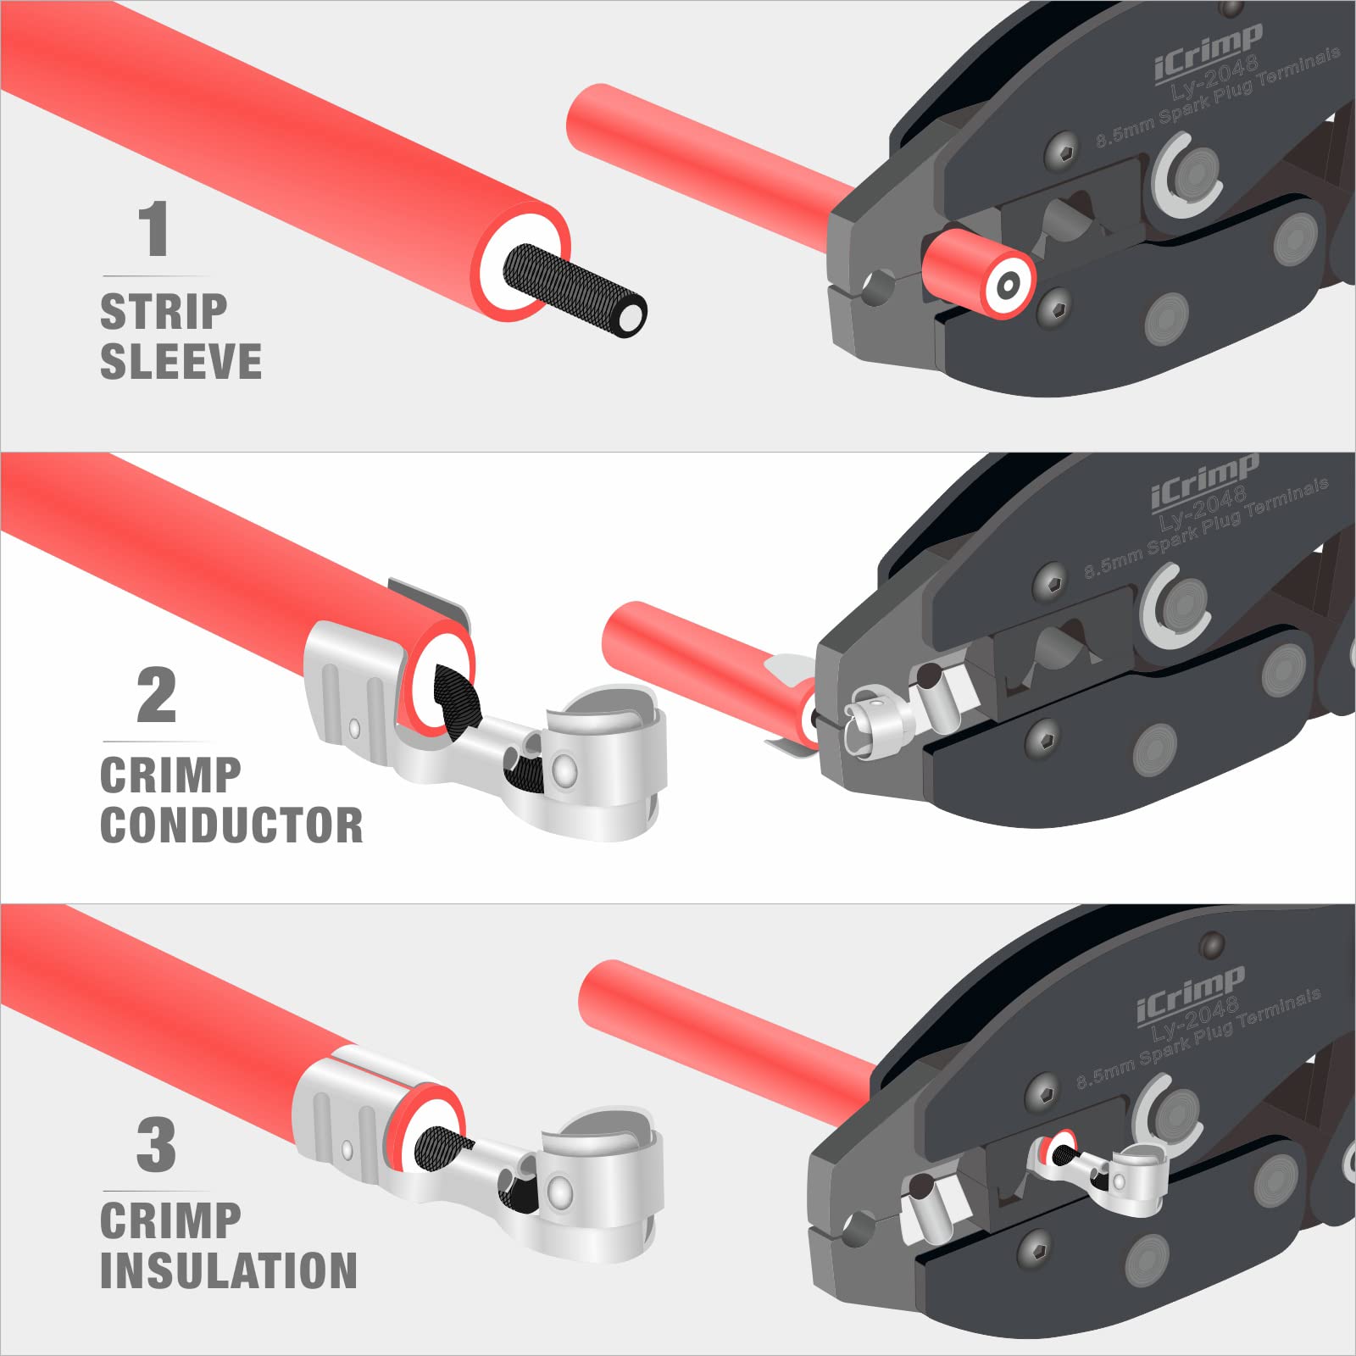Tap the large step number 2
pos(157,696)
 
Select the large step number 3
pos(157,1145)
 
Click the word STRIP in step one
pos(164,312)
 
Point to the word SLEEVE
pos(181,362)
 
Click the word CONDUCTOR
pos(231,825)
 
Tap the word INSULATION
pos(229,1270)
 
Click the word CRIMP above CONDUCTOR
pos(170,775)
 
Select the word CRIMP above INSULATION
pos(170,1220)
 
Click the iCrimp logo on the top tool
pos(1208,53)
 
